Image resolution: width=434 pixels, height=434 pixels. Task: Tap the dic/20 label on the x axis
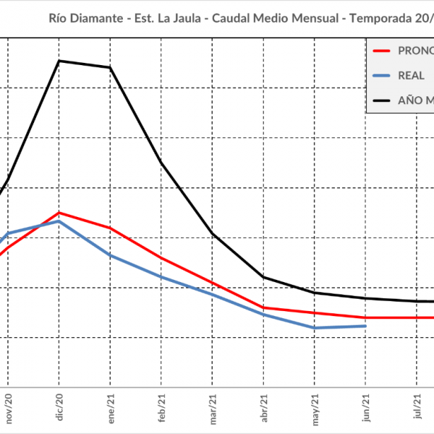coord(60,409)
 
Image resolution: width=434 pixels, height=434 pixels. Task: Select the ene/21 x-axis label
coord(111,408)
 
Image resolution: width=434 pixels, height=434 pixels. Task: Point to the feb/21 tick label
coord(162,409)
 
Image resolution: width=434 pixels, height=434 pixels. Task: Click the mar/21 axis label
coord(213,408)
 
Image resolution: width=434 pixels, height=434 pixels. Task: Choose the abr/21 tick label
coord(264,409)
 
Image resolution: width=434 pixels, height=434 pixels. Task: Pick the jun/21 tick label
coord(366,409)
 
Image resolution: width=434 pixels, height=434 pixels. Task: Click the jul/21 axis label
coord(417,409)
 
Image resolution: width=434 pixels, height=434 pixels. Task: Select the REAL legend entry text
coord(412,75)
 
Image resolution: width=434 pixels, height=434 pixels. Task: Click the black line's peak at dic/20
coord(59,61)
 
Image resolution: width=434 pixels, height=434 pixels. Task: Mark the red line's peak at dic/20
coord(59,213)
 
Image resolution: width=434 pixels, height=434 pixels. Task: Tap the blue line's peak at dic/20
coord(59,221)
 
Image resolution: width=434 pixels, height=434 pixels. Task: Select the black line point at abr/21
coord(264,277)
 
